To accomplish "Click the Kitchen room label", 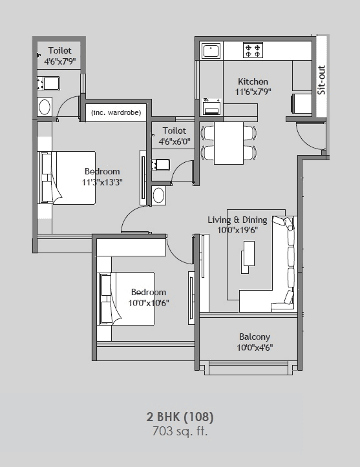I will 253,82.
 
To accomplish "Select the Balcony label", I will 255,337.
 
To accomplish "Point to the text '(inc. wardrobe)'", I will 116,113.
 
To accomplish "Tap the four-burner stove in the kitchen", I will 252,50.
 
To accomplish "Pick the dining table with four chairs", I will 229,142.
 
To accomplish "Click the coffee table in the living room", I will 248,256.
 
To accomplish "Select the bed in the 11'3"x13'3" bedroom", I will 76,178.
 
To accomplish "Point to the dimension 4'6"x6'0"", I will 175,141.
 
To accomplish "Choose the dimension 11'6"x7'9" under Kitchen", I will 253,92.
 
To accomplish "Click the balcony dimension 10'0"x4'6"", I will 255,348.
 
